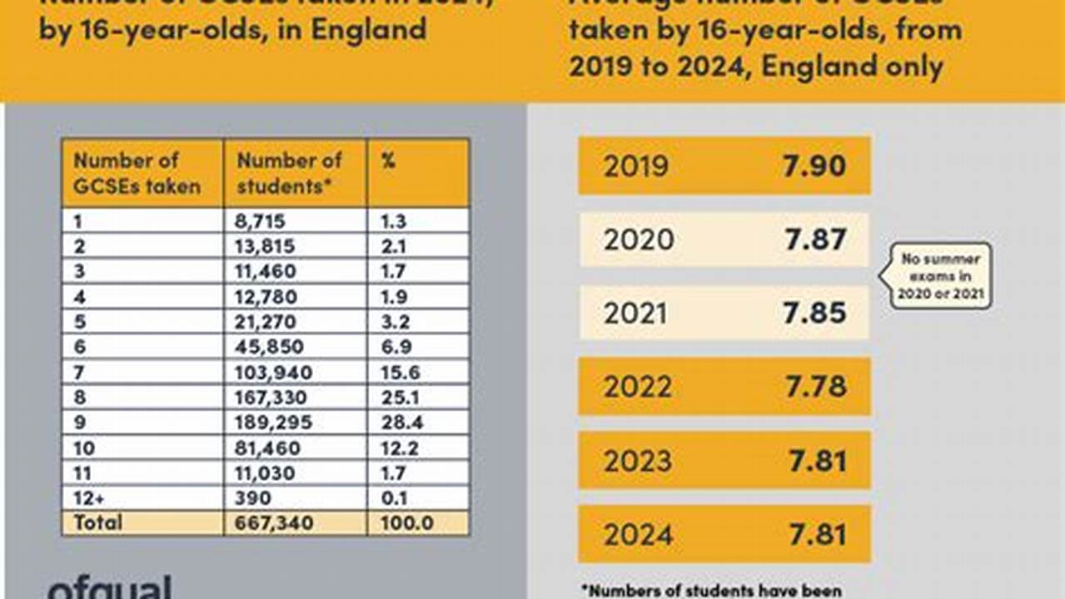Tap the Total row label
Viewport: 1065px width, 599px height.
pyautogui.click(x=97, y=522)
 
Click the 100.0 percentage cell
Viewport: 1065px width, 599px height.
pyautogui.click(x=406, y=522)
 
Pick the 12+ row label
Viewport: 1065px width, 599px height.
pyautogui.click(x=89, y=498)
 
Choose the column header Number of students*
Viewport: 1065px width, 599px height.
pyautogui.click(x=289, y=173)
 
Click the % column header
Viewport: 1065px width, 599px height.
pyautogui.click(x=388, y=161)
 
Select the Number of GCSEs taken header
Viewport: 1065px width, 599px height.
pyautogui.click(x=137, y=173)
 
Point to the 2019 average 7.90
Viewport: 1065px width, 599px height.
pyautogui.click(x=814, y=166)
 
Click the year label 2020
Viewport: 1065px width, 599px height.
pyautogui.click(x=639, y=240)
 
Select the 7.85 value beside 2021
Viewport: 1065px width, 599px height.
pyautogui.click(x=814, y=313)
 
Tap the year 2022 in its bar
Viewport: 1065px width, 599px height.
pyautogui.click(x=638, y=387)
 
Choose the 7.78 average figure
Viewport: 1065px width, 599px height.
pyautogui.click(x=814, y=387)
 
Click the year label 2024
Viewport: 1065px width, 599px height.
pyautogui.click(x=638, y=534)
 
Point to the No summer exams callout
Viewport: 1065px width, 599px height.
pyautogui.click(x=940, y=276)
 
